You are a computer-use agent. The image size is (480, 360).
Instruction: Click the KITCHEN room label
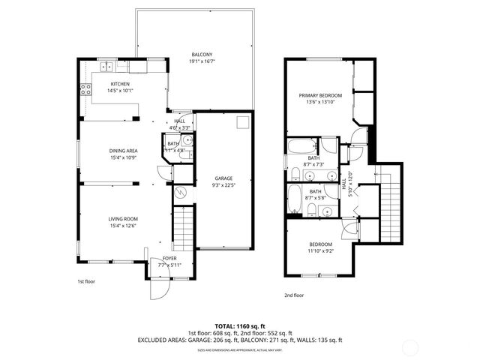coord(120,84)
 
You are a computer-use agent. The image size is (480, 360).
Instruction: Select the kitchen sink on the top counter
coord(107,65)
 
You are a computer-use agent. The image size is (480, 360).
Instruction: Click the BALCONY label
coord(201,55)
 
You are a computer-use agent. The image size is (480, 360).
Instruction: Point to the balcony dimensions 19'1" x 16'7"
coord(201,61)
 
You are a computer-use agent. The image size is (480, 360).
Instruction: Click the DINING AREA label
coord(122,150)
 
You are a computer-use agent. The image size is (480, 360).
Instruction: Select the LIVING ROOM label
coord(122,218)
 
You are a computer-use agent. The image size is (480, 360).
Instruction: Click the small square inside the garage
coord(243,123)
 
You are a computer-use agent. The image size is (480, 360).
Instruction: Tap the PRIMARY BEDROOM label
coord(320,95)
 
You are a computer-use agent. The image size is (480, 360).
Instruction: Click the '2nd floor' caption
coord(294,295)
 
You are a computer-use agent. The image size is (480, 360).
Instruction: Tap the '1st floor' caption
coord(87,281)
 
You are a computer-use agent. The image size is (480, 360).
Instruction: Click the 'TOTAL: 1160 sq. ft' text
coord(239,325)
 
